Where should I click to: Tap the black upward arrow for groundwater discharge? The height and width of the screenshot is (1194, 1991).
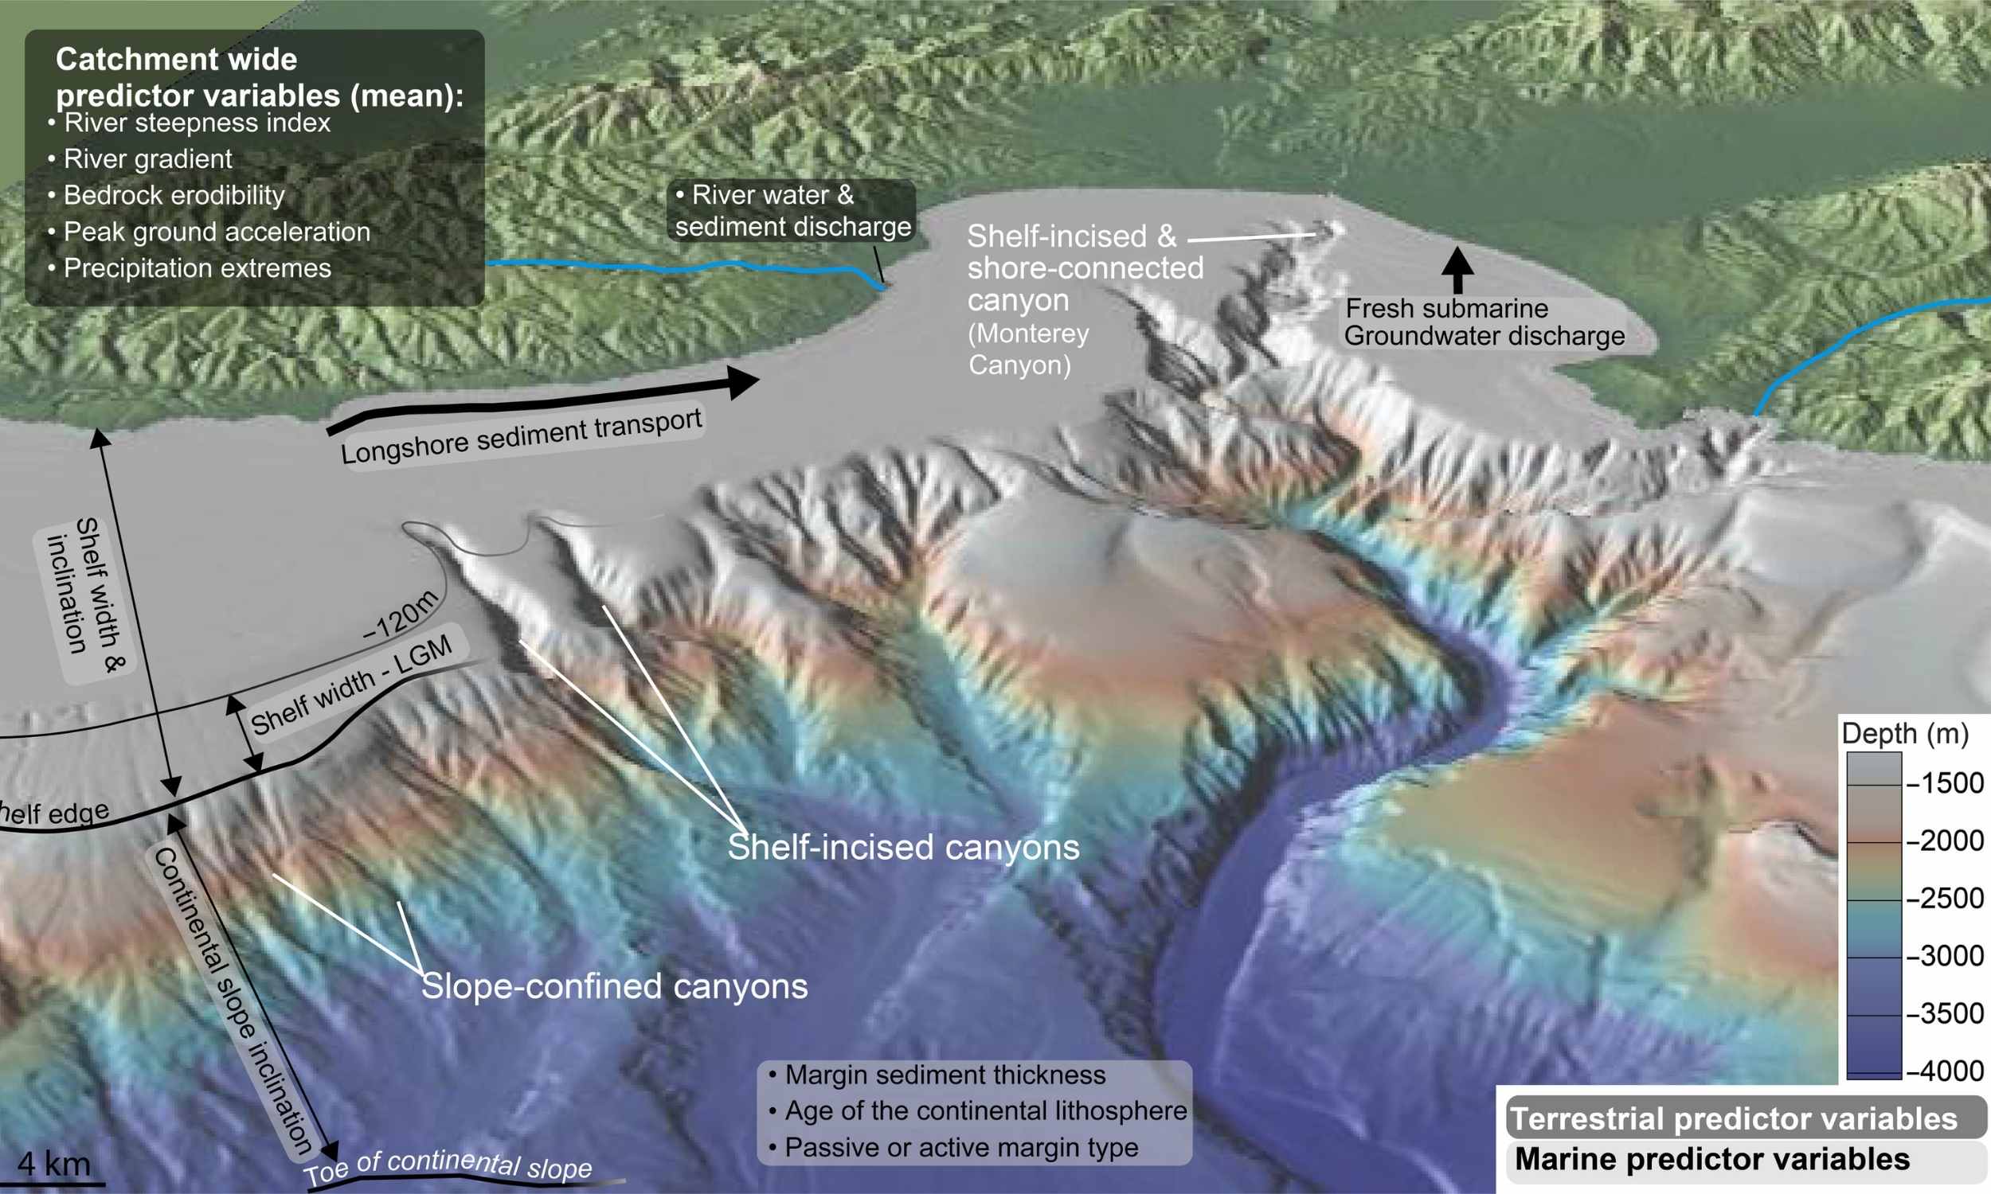[1457, 269]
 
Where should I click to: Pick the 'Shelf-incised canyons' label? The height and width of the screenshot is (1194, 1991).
[903, 848]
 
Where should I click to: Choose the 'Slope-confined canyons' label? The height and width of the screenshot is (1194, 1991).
[614, 986]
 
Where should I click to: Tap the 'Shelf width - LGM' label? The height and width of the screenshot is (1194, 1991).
[351, 685]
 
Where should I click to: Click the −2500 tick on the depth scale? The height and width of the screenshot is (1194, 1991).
[1944, 898]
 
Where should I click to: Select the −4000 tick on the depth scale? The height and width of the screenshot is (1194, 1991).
[1944, 1071]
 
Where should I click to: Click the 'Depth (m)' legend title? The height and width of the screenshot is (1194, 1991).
[1904, 733]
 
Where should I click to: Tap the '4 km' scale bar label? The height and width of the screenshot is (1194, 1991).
[54, 1164]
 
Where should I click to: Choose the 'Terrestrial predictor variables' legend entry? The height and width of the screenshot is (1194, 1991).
[1733, 1119]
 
